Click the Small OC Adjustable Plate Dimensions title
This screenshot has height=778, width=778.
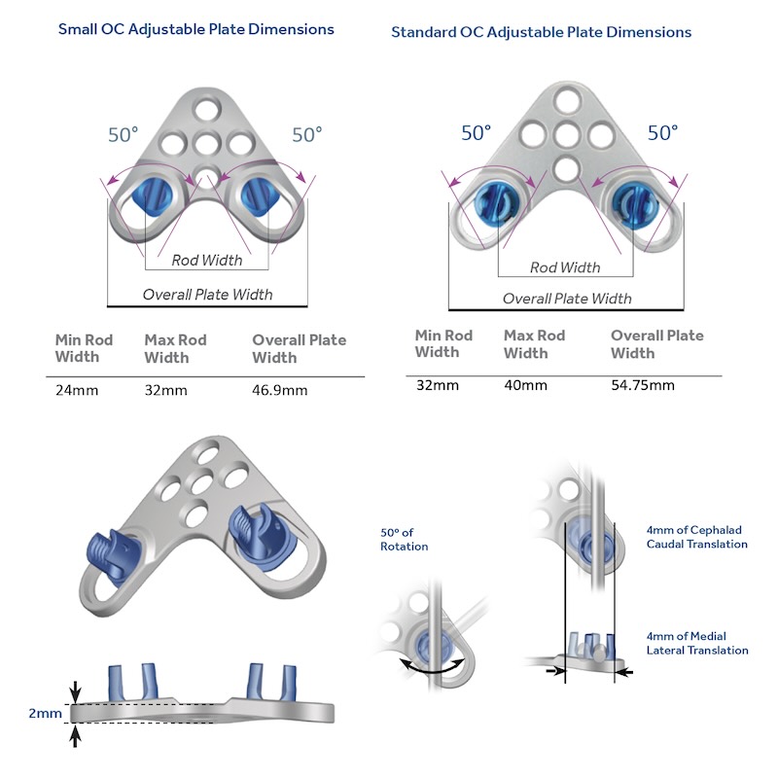coord(195,29)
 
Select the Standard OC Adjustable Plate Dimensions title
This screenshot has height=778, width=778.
coord(541,32)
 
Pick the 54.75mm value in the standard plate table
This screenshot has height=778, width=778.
coord(642,385)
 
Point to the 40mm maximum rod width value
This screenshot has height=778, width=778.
coord(525,385)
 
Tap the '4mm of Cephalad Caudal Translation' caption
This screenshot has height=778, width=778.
coord(697,537)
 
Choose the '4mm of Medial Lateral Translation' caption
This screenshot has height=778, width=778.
coord(697,643)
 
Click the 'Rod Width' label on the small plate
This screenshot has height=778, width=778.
coord(206,260)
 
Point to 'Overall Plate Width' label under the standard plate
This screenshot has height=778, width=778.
coord(566,299)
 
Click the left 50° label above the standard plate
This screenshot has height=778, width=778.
coord(477,133)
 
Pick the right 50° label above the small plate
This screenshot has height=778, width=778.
coord(307,135)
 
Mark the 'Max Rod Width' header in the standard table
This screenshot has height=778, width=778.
coord(534,344)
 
